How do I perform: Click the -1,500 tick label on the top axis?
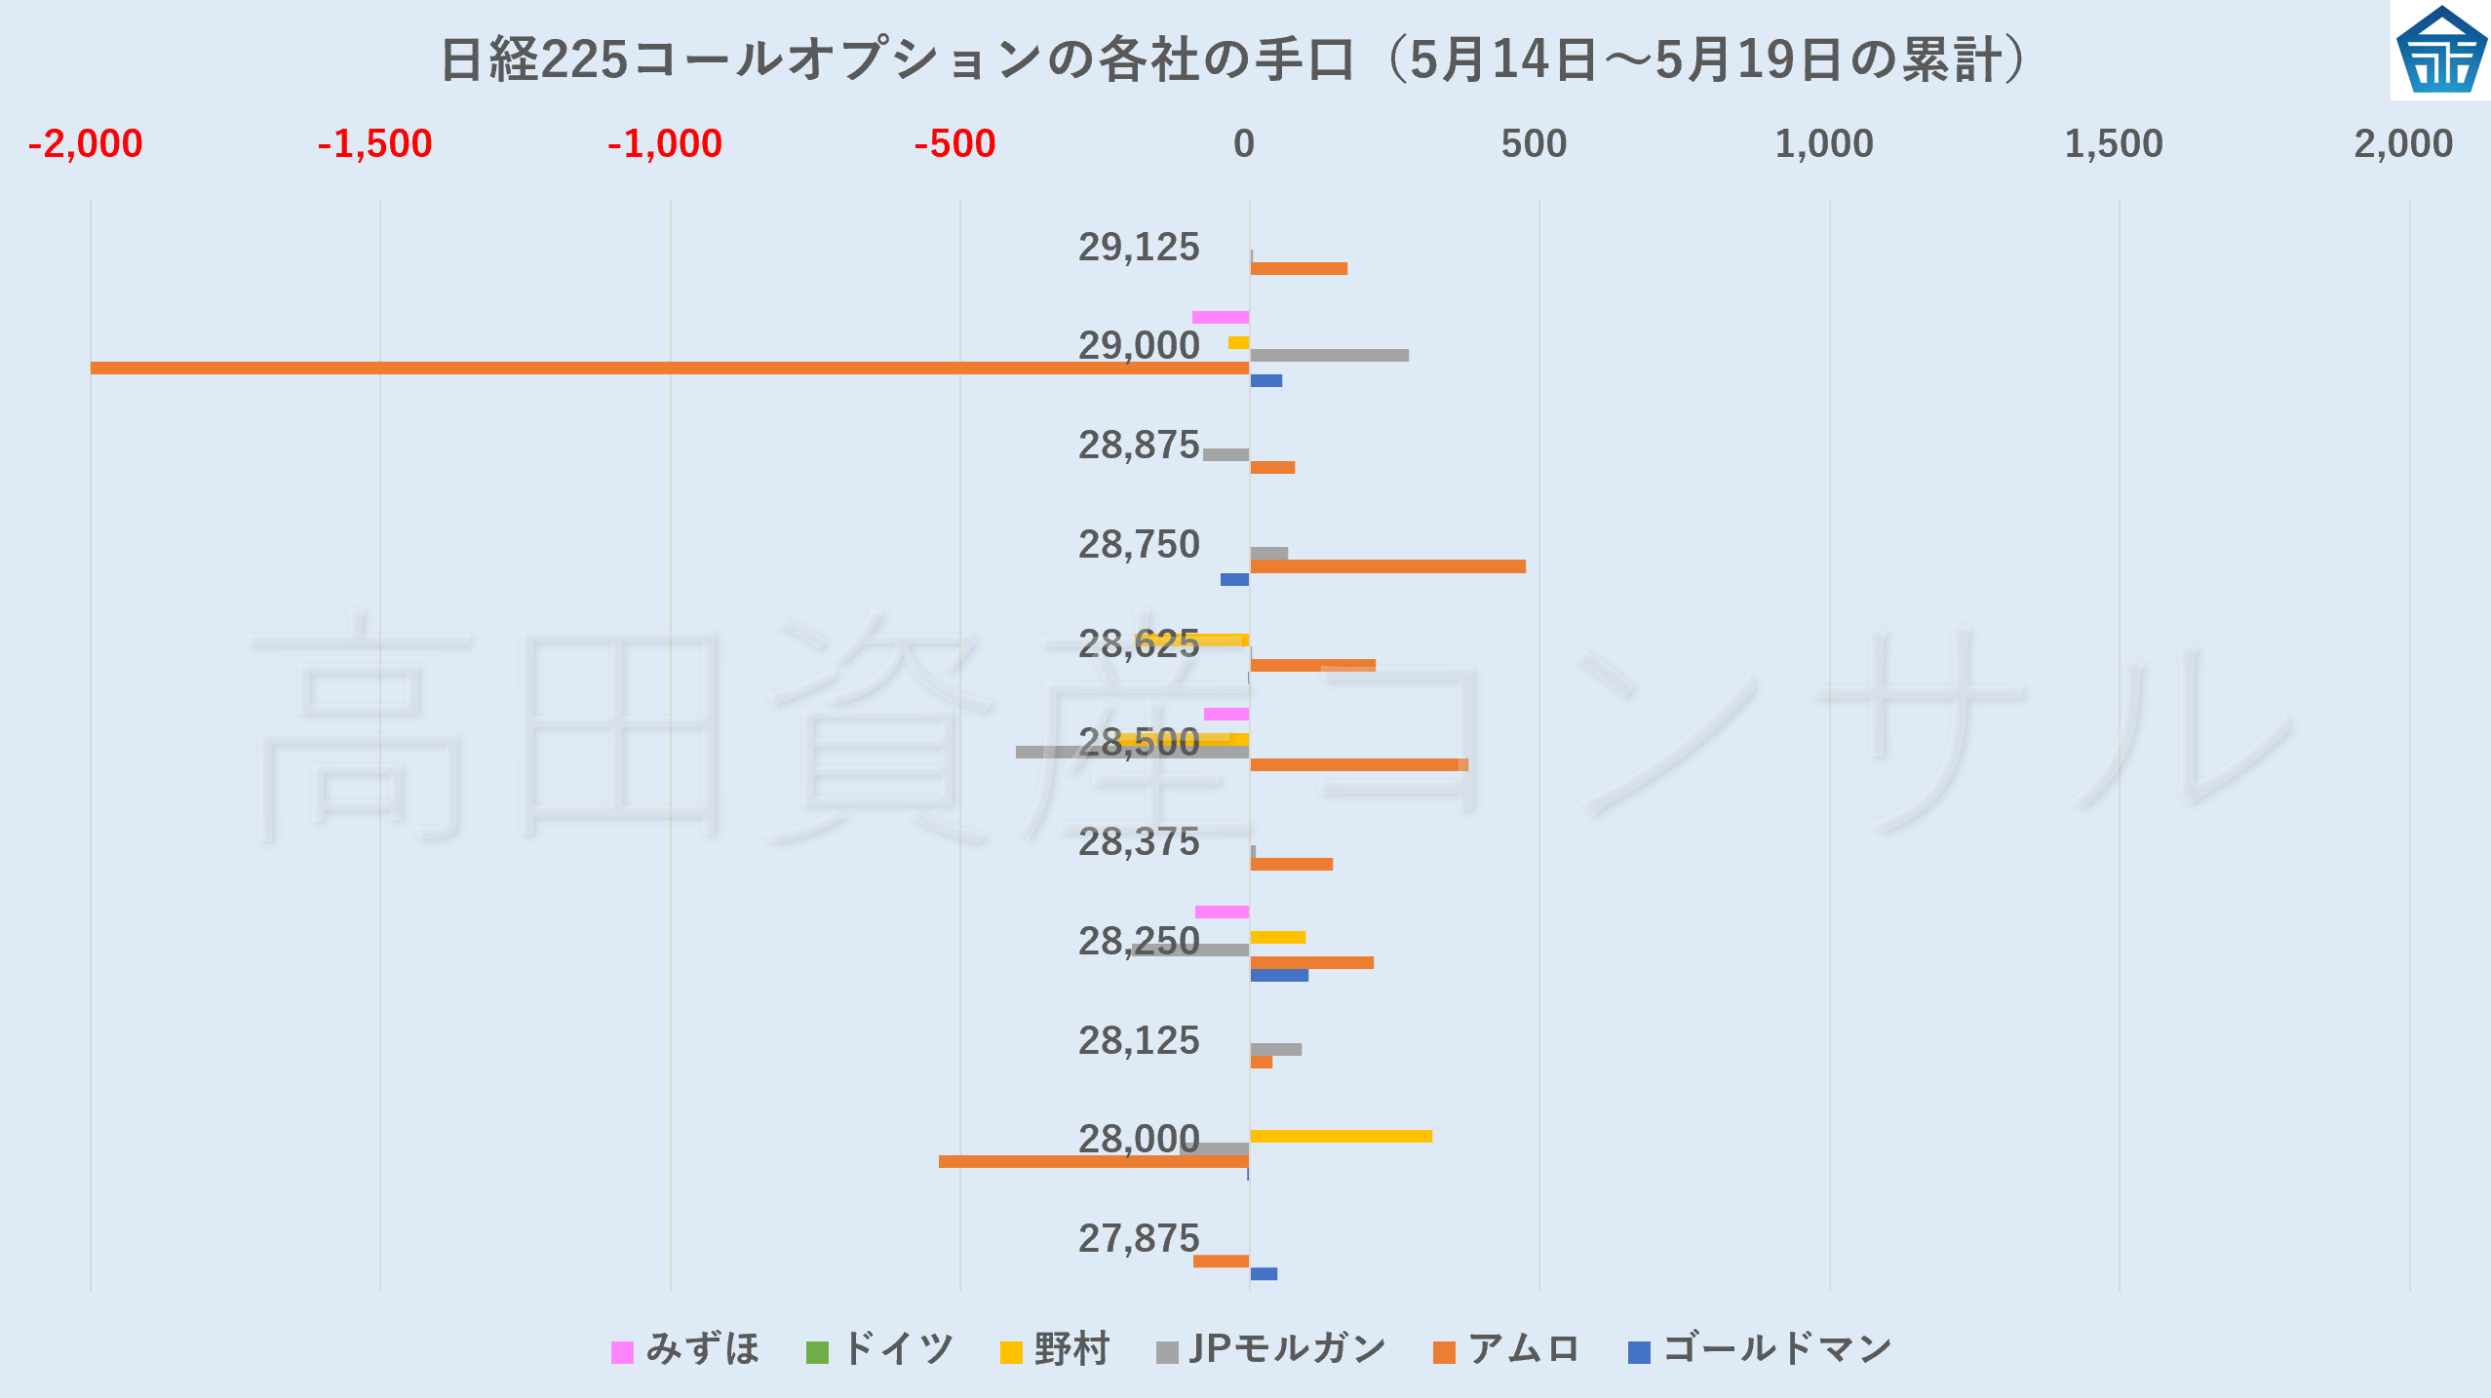[375, 144]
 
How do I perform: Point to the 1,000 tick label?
[1823, 144]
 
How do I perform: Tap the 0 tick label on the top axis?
[1244, 144]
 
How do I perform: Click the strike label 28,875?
[1139, 446]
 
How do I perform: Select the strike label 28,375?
[1139, 842]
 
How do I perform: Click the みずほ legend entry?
[686, 1350]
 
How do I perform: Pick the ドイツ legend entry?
[881, 1350]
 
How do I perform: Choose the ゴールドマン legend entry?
[1761, 1350]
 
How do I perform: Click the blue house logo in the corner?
[2440, 50]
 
